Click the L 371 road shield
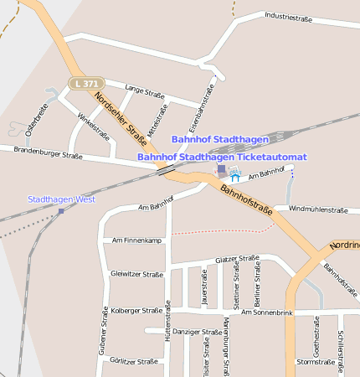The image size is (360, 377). (x=85, y=83)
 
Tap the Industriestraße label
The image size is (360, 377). (x=294, y=16)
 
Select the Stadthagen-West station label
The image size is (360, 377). (x=62, y=199)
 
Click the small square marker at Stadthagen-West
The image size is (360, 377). (x=61, y=211)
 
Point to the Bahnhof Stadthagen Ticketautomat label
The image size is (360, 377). (x=222, y=157)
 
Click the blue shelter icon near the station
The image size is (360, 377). (x=235, y=177)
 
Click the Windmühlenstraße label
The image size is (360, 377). (x=317, y=209)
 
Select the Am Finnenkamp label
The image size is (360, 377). (x=136, y=240)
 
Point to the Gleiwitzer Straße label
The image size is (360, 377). (x=136, y=274)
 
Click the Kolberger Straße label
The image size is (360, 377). (x=136, y=310)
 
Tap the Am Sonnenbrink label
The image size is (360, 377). (x=267, y=312)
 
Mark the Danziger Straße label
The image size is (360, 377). (x=199, y=332)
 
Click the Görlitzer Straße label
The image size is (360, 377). (x=134, y=361)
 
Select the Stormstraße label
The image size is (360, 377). (x=316, y=362)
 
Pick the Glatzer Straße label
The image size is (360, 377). (x=237, y=260)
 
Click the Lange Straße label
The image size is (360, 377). (x=144, y=90)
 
